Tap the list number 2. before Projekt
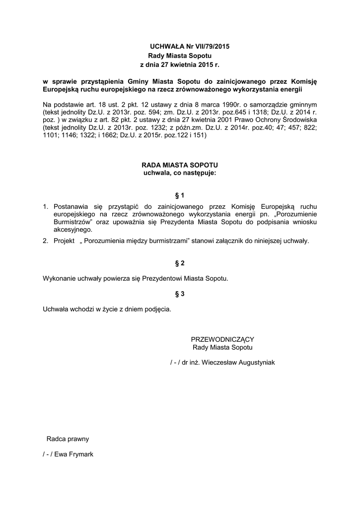[x=45, y=241]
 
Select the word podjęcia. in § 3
[x=158, y=309]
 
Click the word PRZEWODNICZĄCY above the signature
[x=222, y=339]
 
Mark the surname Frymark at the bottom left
[x=79, y=454]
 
